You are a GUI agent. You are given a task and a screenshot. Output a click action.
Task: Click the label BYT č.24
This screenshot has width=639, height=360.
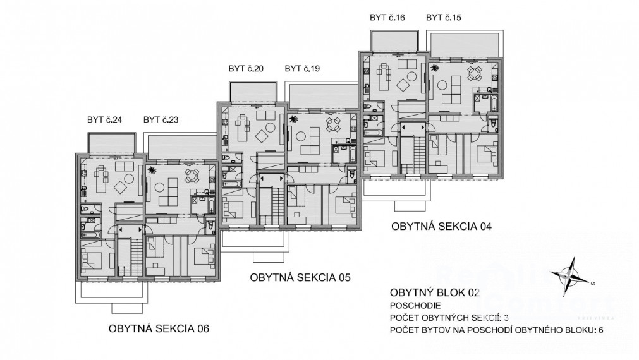[105, 119]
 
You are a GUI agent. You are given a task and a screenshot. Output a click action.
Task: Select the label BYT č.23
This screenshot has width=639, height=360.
[161, 119]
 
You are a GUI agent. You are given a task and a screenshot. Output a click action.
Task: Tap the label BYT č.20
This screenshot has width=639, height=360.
[246, 68]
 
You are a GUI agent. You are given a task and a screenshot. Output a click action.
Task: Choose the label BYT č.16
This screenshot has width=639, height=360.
[387, 17]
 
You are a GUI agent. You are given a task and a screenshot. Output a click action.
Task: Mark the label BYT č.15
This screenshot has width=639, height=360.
[444, 17]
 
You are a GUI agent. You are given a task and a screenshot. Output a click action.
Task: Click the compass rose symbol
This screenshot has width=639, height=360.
[571, 274]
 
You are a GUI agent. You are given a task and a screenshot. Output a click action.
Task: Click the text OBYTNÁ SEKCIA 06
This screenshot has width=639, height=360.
[158, 328]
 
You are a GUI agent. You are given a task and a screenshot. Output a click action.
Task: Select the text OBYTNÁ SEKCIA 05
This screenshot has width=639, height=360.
[300, 277]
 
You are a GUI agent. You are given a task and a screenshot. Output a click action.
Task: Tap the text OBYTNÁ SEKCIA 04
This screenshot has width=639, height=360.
[441, 225]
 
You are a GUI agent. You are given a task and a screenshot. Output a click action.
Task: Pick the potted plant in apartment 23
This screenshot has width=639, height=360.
[152, 171]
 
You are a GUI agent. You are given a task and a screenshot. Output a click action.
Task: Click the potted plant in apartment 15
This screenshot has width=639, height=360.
[435, 67]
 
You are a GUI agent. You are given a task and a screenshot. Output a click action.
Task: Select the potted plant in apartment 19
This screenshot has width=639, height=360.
[293, 119]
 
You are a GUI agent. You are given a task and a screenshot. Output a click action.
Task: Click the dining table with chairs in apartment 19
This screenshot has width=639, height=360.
[332, 124]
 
